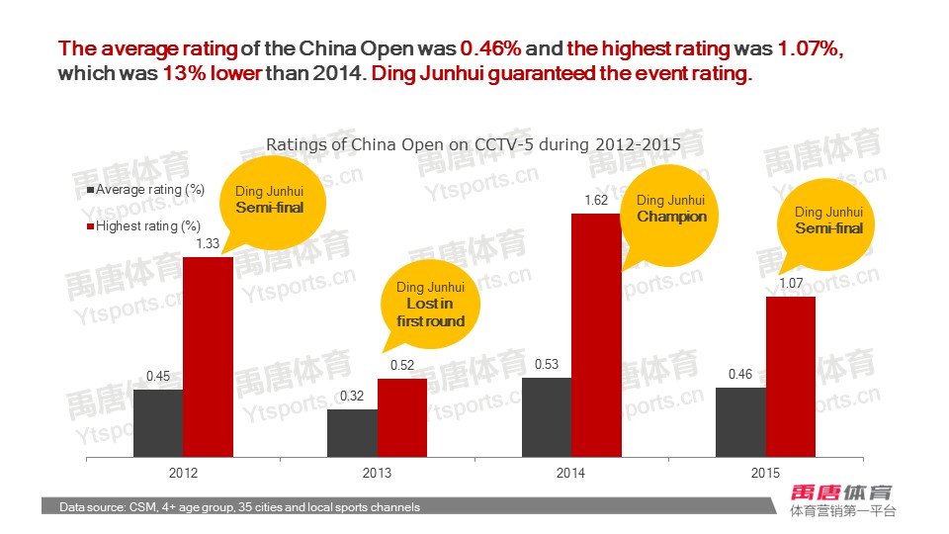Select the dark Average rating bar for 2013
tap(352, 434)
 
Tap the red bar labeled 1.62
tap(596, 336)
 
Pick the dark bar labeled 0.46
tap(740, 423)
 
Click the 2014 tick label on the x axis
tap(571, 474)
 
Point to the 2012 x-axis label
tap(183, 474)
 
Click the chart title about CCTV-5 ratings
tap(474, 144)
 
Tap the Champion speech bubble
tap(671, 210)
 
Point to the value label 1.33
tap(208, 244)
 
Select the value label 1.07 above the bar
tap(790, 284)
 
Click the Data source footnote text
tap(239, 507)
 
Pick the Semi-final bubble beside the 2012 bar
tap(269, 200)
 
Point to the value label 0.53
tap(547, 365)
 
